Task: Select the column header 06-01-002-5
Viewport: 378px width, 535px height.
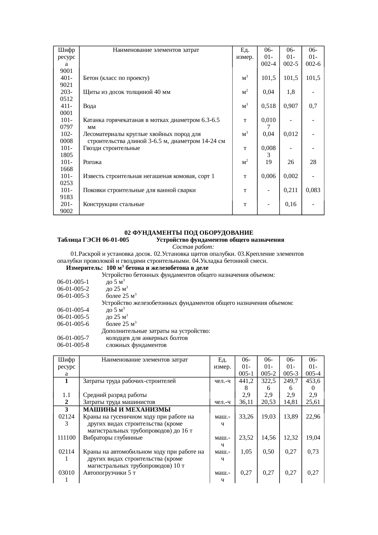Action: tap(291, 57)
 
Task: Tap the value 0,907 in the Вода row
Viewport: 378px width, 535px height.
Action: tap(291, 106)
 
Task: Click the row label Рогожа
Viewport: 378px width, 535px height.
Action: tap(92, 162)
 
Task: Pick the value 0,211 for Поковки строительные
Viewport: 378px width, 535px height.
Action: tap(291, 190)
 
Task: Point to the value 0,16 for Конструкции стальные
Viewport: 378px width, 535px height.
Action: tap(291, 204)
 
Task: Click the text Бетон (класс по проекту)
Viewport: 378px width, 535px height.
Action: tap(116, 78)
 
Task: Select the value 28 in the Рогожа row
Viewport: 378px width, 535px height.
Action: tap(313, 162)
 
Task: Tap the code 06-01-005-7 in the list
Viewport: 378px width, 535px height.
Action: tap(73, 338)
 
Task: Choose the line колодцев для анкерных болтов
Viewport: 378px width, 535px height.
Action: tap(147, 338)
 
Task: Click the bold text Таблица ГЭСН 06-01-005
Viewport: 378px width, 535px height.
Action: tap(93, 240)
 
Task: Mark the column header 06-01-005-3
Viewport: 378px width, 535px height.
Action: tap(291, 366)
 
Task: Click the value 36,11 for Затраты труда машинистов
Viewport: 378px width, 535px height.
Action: tap(246, 402)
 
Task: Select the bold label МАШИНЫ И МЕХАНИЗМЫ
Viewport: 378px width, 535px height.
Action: tap(127, 409)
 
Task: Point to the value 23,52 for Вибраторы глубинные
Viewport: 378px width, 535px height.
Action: tap(246, 437)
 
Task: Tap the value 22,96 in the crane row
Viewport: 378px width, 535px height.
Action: tap(313, 416)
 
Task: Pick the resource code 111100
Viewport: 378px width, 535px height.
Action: tap(66, 437)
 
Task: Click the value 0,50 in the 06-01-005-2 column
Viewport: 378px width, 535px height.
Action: tap(268, 451)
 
